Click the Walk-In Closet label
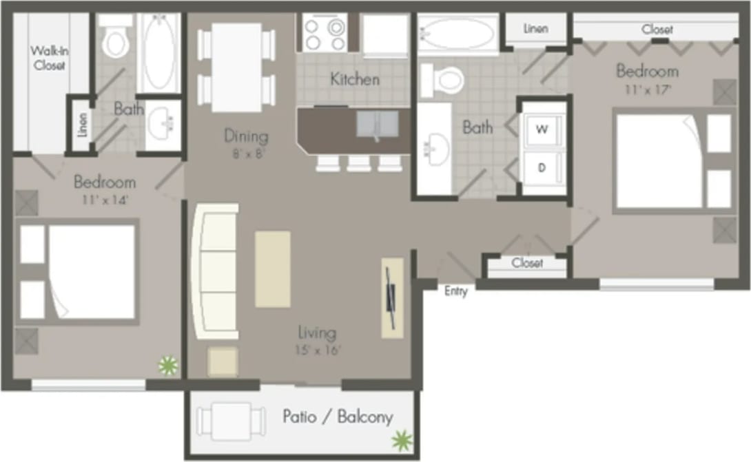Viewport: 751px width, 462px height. (48, 59)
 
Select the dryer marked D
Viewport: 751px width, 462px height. (542, 168)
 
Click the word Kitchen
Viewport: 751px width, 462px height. (354, 79)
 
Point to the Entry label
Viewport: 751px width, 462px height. (455, 291)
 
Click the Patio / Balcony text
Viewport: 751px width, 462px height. (338, 417)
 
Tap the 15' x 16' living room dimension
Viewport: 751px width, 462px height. (318, 350)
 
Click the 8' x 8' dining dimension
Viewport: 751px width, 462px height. (246, 153)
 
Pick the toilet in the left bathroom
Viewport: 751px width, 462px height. (115, 43)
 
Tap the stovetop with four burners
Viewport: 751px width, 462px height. (324, 32)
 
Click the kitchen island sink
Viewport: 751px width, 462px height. (378, 125)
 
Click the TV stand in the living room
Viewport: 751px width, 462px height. (391, 297)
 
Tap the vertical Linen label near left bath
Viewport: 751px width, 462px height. (83, 125)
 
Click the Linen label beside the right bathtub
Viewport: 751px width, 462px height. (535, 29)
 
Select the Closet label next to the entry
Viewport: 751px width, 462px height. (527, 263)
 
